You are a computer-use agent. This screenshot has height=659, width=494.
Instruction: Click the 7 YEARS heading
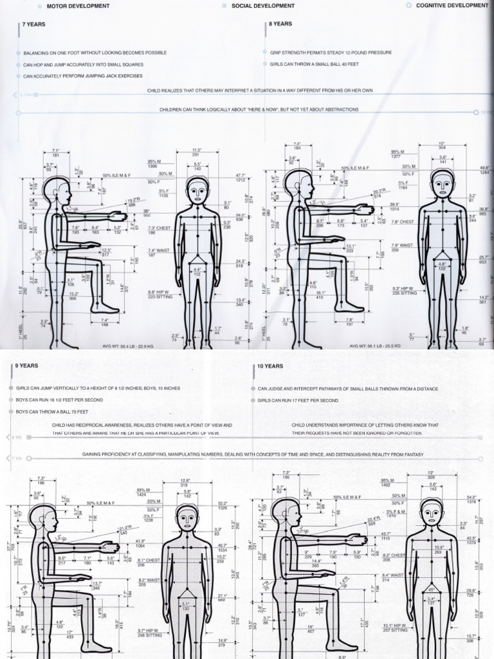[33, 24]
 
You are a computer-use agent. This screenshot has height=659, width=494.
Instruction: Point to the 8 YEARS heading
[280, 24]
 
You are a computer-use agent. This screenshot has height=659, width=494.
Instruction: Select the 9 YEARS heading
[27, 366]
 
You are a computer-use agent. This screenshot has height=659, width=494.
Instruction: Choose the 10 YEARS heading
[270, 366]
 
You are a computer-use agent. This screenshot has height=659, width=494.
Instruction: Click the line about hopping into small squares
[83, 64]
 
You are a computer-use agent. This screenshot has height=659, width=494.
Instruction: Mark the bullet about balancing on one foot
[95, 53]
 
